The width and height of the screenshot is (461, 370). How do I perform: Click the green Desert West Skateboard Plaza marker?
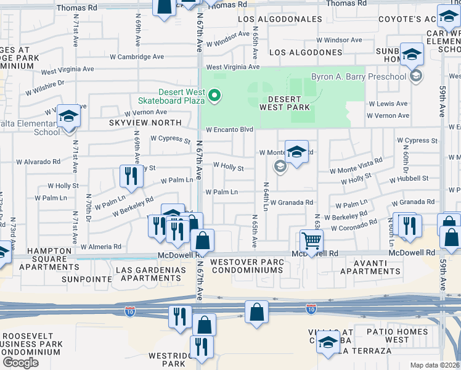pyautogui.click(x=214, y=96)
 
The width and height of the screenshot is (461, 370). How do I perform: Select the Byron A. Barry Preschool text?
pyautogui.click(x=358, y=76)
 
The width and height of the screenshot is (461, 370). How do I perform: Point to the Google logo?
pyautogui.click(x=20, y=362)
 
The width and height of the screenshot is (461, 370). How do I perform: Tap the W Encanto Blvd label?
pyautogui.click(x=229, y=130)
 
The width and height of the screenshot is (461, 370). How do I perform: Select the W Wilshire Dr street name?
pyautogui.click(x=45, y=88)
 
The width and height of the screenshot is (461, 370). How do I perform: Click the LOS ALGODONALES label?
pyautogui.click(x=280, y=19)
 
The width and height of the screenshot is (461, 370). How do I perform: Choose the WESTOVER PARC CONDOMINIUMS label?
pyautogui.click(x=247, y=266)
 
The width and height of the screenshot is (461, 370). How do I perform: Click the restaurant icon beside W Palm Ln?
pyautogui.click(x=131, y=176)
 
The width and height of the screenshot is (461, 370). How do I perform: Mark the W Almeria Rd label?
pyautogui.click(x=101, y=247)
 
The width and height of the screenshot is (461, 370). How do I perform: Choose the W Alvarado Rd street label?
pyautogui.click(x=38, y=162)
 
